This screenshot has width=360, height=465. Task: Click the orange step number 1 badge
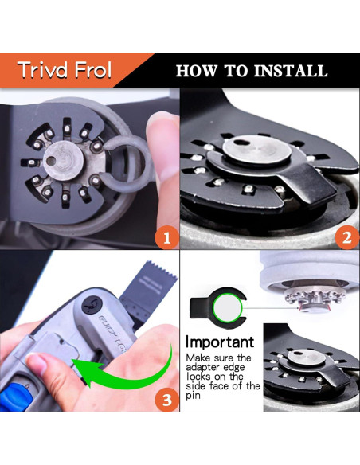click(166, 238)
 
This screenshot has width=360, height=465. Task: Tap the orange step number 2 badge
click(347, 238)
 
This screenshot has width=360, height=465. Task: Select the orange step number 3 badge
click(167, 400)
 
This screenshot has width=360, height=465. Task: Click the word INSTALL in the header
click(291, 71)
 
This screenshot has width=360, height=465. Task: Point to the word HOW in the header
click(196, 71)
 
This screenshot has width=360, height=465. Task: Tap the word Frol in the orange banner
click(93, 70)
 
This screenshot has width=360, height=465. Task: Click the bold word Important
click(220, 342)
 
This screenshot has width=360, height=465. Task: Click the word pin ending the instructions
click(193, 396)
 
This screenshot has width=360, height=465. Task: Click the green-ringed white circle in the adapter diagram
click(228, 308)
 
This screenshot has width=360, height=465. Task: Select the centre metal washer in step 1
click(63, 160)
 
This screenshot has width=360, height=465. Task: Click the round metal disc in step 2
click(256, 150)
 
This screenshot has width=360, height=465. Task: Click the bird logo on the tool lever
click(92, 305)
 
